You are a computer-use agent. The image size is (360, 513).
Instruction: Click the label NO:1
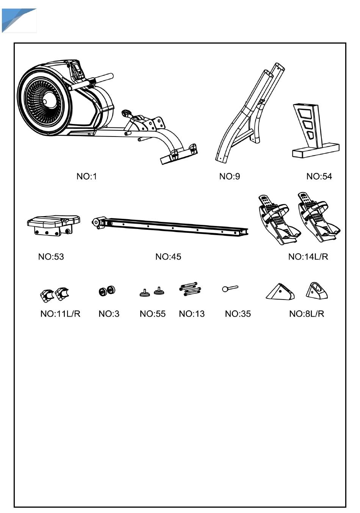87,176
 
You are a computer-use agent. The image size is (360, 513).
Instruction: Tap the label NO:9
229,176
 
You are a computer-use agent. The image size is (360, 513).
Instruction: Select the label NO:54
319,176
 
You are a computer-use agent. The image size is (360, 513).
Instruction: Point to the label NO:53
51,257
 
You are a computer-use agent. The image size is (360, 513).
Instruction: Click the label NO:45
168,257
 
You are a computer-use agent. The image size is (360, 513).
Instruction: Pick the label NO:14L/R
308,257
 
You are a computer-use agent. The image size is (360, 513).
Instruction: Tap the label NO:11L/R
60,314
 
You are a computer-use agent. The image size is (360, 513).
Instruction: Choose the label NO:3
109,314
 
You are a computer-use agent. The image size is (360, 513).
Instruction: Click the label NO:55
153,314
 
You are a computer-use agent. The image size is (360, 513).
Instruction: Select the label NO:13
192,314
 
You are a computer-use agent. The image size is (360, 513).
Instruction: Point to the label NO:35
238,314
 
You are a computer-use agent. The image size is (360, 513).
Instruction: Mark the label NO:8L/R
307,314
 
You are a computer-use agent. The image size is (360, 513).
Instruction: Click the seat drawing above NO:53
53,225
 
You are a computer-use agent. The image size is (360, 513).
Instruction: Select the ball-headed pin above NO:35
230,289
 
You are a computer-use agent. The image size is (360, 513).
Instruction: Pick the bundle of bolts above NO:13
190,289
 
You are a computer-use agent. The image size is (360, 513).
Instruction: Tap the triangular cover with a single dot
280,292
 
